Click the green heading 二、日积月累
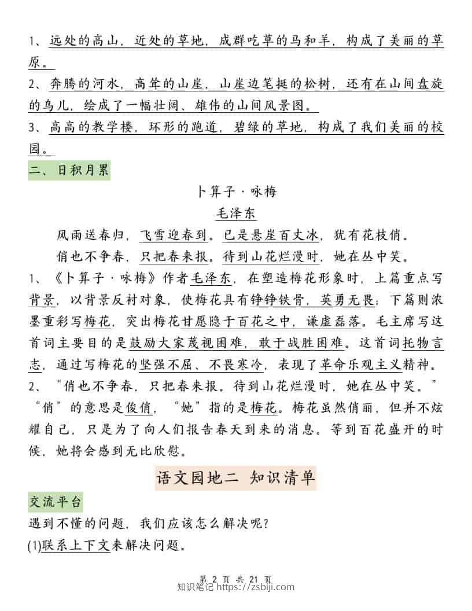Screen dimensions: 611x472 tap(69, 171)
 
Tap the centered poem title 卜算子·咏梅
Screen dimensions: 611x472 tap(236, 192)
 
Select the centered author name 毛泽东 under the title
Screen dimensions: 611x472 tap(235, 213)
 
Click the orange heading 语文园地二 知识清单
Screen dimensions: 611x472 tap(236, 478)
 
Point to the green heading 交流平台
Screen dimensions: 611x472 tap(56, 502)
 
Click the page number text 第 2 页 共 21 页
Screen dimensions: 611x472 tap(235, 579)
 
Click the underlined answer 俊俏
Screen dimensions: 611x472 tap(139, 407)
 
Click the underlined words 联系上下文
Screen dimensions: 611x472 tap(75, 545)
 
